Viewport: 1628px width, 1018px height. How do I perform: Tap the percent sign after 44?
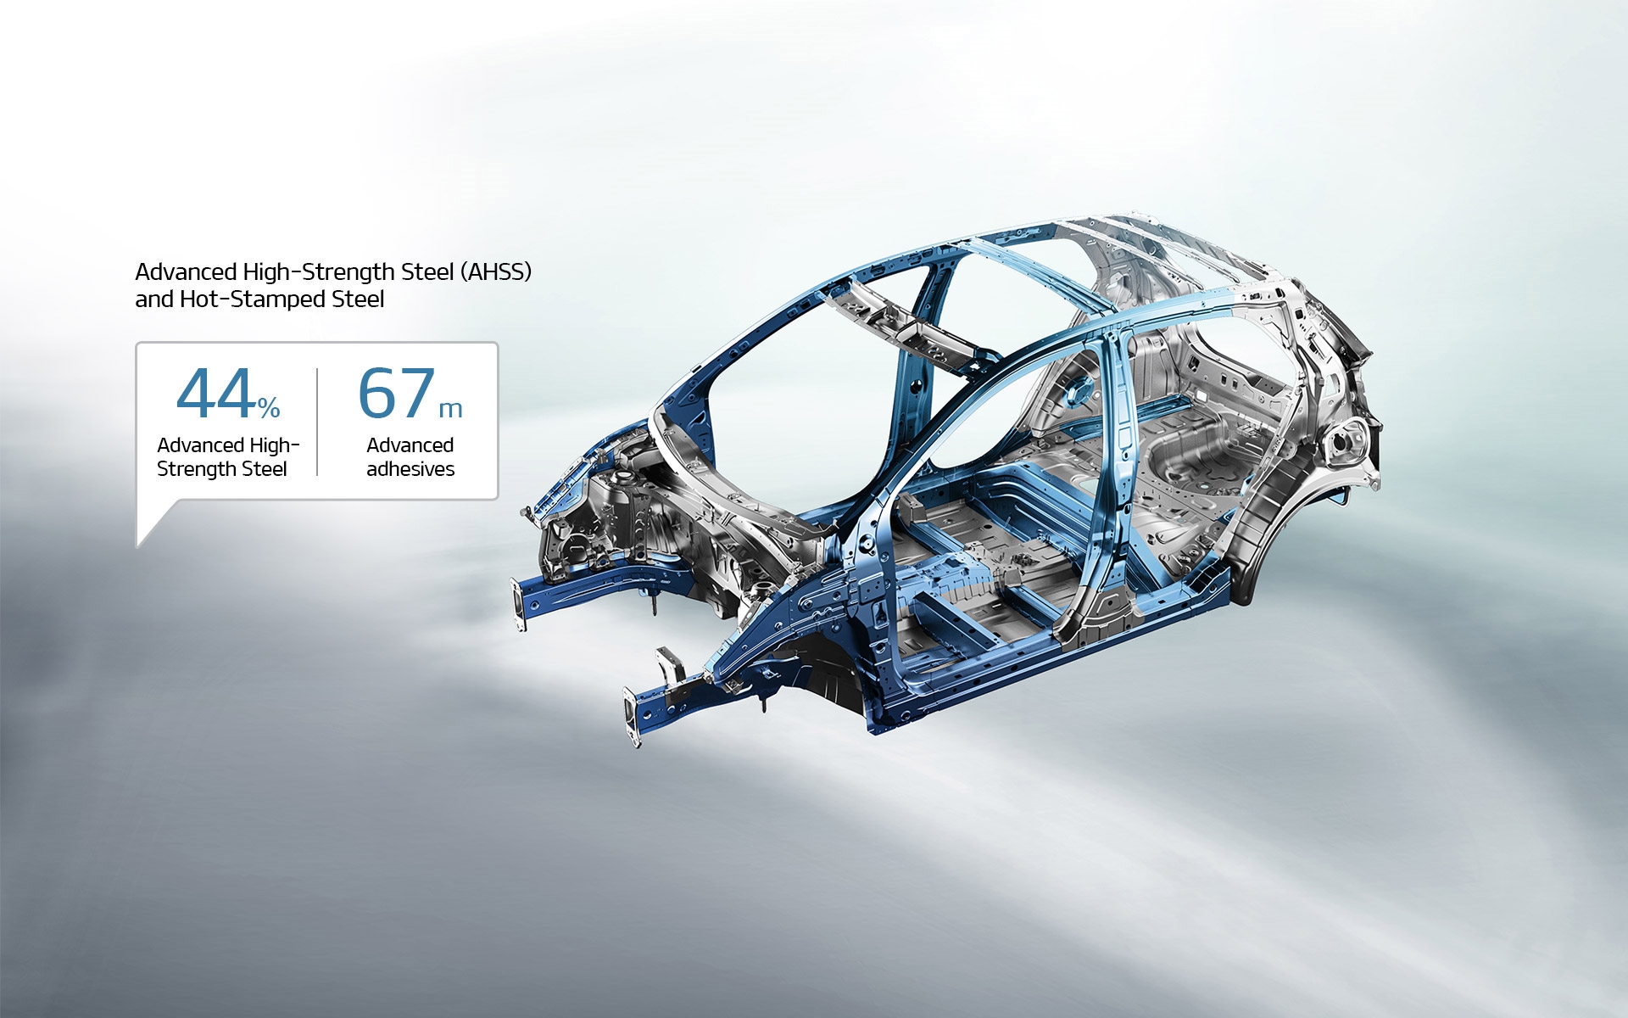click(x=270, y=409)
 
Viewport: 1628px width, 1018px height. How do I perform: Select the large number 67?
click(x=397, y=394)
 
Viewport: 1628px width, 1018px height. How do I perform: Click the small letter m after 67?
click(x=450, y=410)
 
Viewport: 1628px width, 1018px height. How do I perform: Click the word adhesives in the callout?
click(x=410, y=469)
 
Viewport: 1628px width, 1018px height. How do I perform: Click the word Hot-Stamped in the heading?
click(x=253, y=299)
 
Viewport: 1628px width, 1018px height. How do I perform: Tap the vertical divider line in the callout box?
click(x=317, y=422)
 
